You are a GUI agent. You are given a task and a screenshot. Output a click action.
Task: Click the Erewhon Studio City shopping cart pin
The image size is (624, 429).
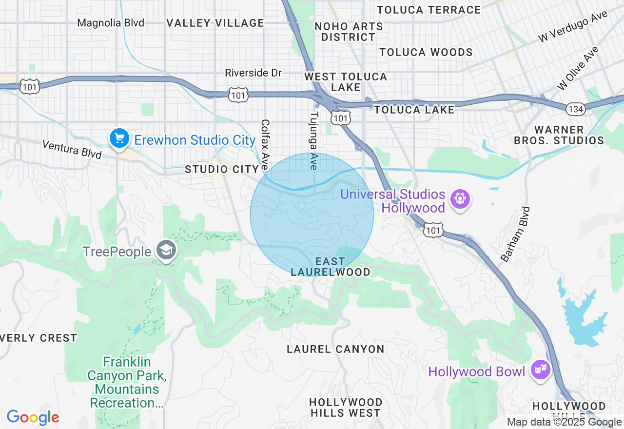point(119,138)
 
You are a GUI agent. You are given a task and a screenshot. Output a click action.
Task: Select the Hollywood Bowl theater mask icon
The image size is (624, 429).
point(541,370)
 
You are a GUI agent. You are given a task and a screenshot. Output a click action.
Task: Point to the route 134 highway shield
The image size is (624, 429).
point(576,109)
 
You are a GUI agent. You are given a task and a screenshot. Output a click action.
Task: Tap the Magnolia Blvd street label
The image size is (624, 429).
point(111,23)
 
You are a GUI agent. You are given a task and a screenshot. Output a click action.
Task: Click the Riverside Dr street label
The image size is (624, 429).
point(253,73)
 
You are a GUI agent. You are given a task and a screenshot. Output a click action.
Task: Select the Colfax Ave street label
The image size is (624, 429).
point(265,145)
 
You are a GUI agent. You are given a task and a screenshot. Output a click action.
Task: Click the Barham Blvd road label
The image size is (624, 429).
point(515,234)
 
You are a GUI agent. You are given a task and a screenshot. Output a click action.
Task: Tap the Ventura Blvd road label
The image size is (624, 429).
point(72,149)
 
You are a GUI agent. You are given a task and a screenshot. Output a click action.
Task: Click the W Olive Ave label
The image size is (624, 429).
point(578,68)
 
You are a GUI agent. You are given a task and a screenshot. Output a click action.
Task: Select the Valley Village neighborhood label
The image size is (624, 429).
point(215,23)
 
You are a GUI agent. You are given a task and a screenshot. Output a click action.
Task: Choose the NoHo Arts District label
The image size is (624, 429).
point(345,31)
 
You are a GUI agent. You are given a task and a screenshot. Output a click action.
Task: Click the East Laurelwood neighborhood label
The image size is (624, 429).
point(330,267)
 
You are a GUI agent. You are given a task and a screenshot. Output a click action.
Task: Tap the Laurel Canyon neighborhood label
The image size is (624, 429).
point(335,349)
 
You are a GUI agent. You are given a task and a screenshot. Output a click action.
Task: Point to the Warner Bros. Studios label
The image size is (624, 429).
point(559,135)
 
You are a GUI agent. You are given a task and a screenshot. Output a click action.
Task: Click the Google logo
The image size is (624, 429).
point(33,417)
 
